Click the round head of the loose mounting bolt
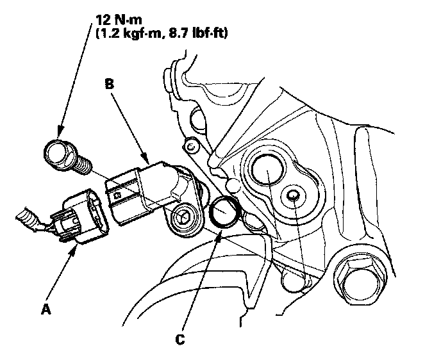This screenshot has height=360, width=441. point(56,154)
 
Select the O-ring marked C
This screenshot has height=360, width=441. point(225,212)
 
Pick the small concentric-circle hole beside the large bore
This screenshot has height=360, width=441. point(294,195)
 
